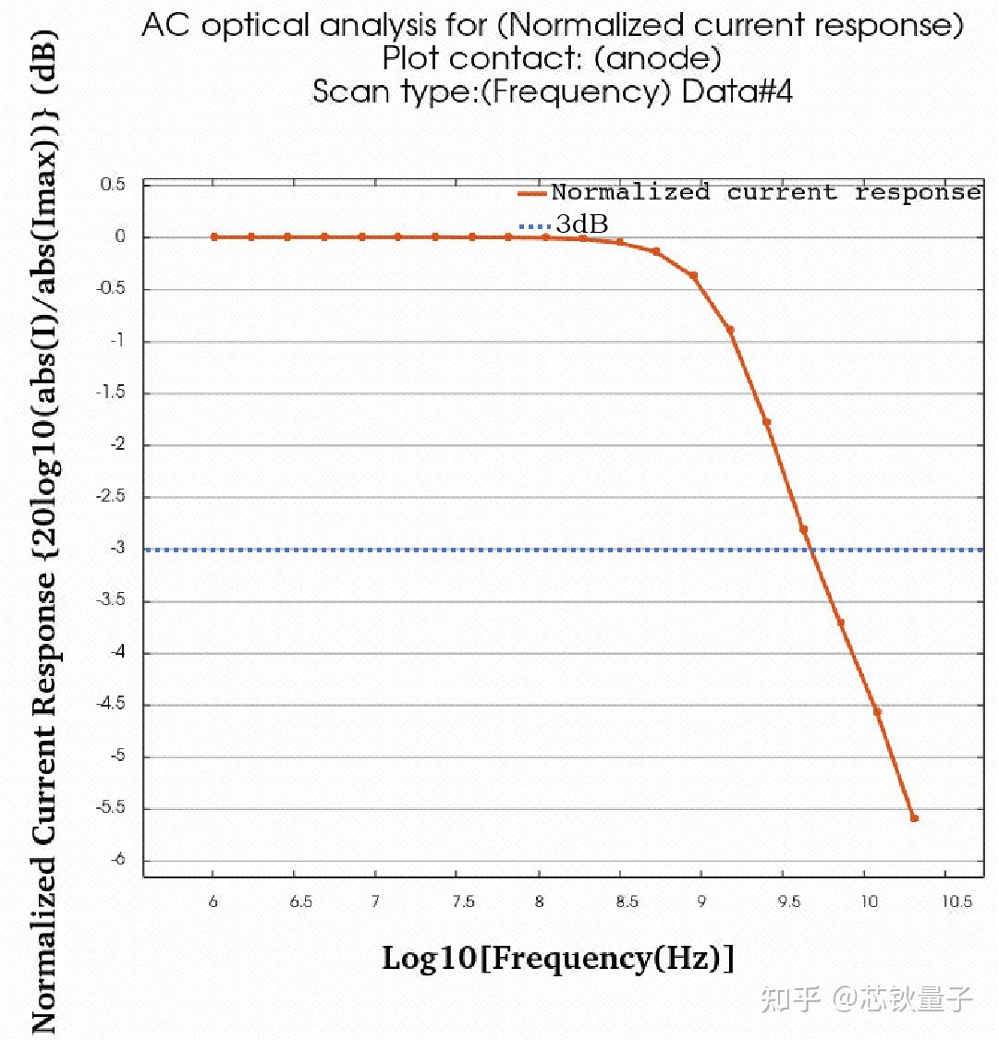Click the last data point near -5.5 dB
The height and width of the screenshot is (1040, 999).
(x=914, y=818)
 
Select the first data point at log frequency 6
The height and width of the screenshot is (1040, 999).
(x=213, y=236)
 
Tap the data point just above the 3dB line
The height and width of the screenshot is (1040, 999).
(x=804, y=529)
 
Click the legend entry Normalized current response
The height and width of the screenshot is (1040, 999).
(x=749, y=192)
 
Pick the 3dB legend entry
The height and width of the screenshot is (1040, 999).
(x=564, y=224)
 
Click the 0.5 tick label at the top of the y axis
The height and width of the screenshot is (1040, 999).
(x=113, y=184)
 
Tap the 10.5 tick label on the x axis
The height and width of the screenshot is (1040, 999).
(x=957, y=901)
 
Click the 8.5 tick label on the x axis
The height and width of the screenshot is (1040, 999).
(x=627, y=901)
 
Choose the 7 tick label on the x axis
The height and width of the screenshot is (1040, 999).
(x=376, y=901)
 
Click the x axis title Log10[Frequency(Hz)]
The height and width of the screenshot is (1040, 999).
(x=558, y=959)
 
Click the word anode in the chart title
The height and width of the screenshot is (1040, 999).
(x=658, y=58)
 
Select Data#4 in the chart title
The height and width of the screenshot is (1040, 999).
(x=737, y=91)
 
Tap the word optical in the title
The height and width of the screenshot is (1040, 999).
(x=256, y=25)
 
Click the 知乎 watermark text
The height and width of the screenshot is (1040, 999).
(x=791, y=999)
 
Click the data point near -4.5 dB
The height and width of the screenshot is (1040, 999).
(x=878, y=712)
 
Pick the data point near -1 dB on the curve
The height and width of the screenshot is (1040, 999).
(x=730, y=330)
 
